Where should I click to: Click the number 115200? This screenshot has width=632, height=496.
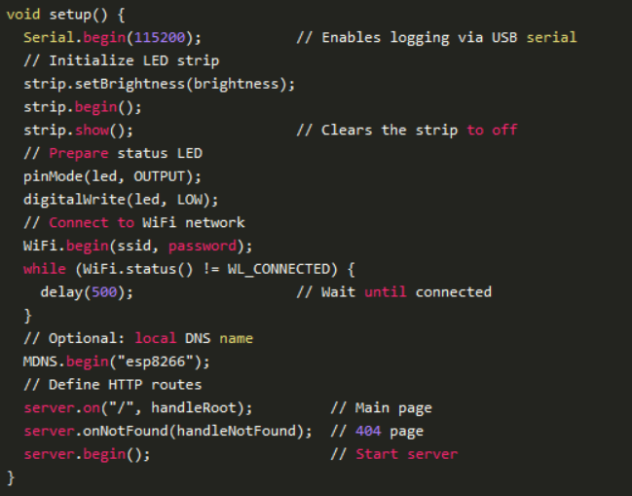[x=160, y=37]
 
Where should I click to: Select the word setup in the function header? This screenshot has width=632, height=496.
[x=70, y=15]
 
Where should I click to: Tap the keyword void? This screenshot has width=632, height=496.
[x=23, y=15]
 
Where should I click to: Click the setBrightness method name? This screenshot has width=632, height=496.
[x=130, y=84]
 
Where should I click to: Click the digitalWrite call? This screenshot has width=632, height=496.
[x=75, y=200]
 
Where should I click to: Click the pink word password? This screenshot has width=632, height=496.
[x=203, y=246]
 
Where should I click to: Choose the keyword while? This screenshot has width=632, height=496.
[x=45, y=269]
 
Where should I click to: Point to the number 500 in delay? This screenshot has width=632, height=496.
[x=104, y=292]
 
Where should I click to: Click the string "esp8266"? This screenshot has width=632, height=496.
[x=155, y=362]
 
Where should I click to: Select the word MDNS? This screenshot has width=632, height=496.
[x=40, y=362]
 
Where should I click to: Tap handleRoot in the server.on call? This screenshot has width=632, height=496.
[x=194, y=407]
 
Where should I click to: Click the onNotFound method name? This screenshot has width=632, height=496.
[x=126, y=431]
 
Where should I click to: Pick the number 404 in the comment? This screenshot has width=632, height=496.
[x=368, y=431]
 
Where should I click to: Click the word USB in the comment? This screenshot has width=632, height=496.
[x=504, y=37]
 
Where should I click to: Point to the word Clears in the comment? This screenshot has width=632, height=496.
[x=347, y=131]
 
